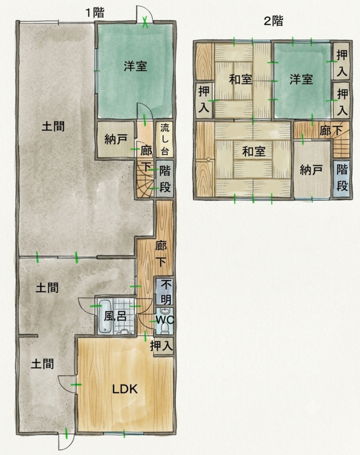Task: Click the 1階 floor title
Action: (x=95, y=13)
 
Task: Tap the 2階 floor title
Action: (x=273, y=21)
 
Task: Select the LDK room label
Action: (x=125, y=389)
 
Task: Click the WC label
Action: (x=165, y=320)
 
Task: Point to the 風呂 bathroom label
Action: (x=115, y=316)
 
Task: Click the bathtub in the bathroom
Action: (x=105, y=317)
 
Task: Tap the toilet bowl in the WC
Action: (x=165, y=328)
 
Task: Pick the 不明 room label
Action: (x=165, y=292)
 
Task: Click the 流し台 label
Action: (x=165, y=139)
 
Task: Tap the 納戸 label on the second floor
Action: (x=311, y=170)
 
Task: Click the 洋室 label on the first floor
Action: (x=135, y=66)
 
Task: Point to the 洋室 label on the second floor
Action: (x=301, y=79)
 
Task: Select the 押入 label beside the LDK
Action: (x=161, y=345)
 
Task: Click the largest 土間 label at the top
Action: (x=53, y=126)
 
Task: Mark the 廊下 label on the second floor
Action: (x=331, y=131)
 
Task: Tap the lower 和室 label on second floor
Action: (x=254, y=151)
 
